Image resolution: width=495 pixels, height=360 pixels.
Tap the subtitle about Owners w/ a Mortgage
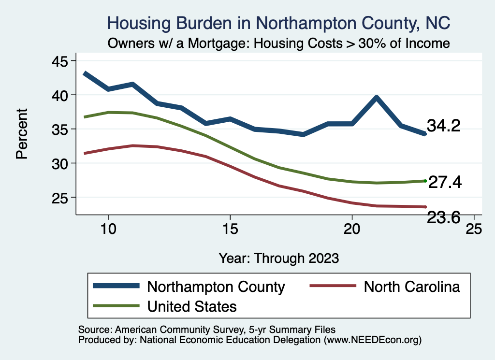pos(279,43)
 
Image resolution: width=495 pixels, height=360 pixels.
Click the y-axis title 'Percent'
pos(21,133)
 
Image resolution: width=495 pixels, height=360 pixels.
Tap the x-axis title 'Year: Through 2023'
pos(278,258)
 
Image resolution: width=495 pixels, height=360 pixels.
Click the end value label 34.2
pos(443,126)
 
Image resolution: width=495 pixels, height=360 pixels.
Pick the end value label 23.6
pos(443,218)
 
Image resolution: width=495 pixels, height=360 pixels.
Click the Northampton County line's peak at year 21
pos(376,98)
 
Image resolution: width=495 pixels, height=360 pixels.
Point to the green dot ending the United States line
pos(425,181)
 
